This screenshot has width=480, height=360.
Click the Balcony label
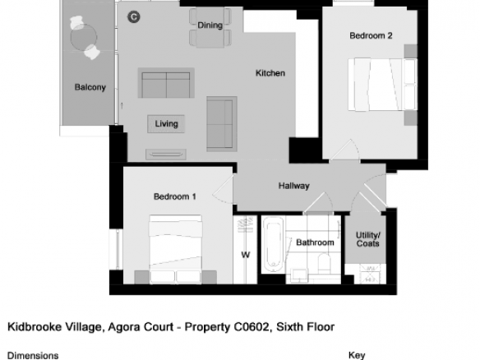click(x=90, y=87)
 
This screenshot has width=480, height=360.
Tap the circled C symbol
click(x=134, y=16)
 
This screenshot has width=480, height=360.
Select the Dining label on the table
click(x=210, y=25)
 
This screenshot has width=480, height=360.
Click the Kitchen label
click(x=270, y=73)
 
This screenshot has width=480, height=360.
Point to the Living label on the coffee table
click(x=166, y=123)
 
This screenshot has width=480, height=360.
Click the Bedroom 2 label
click(x=371, y=35)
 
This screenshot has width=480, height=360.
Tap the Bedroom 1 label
click(x=175, y=196)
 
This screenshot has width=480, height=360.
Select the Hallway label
click(x=294, y=186)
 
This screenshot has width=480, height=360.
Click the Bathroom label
click(x=315, y=242)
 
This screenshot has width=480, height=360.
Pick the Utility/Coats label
click(x=368, y=239)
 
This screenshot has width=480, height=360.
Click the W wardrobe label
click(x=246, y=255)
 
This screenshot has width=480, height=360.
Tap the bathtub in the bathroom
click(x=274, y=245)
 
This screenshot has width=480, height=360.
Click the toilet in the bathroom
click(x=324, y=263)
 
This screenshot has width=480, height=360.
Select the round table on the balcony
click(x=84, y=37)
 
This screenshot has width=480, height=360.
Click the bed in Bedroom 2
click(x=383, y=85)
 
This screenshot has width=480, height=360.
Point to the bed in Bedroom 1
click(x=175, y=249)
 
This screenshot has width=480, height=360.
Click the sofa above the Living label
click(x=166, y=83)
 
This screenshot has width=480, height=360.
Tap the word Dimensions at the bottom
click(x=33, y=356)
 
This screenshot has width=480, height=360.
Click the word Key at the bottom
click(x=357, y=355)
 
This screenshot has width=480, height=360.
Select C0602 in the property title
click(x=252, y=327)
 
